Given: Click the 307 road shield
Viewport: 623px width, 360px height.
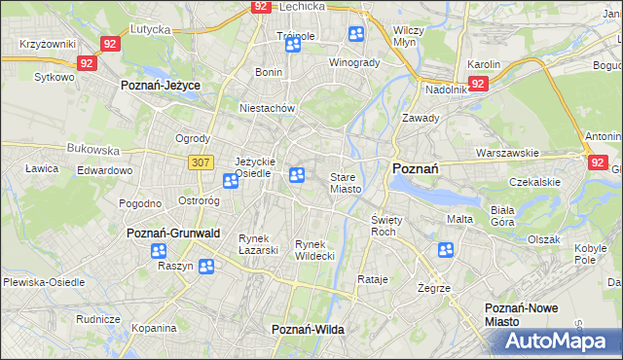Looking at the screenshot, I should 201,162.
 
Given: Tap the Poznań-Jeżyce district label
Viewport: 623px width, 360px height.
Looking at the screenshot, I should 160,86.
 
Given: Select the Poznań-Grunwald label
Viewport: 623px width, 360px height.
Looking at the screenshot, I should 173,234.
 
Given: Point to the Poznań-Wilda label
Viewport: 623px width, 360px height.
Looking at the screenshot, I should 308,330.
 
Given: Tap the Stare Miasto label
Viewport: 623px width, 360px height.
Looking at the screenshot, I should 346,183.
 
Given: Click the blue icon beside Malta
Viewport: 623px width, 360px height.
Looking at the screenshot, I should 447,250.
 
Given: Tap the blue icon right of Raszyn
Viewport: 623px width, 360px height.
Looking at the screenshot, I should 206,267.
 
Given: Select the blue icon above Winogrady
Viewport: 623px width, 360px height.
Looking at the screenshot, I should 356,35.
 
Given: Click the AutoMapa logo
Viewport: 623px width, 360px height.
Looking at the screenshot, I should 557,342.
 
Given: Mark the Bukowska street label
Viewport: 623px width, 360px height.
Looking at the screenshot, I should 92,151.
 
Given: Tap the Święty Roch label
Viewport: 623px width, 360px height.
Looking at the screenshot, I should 384,227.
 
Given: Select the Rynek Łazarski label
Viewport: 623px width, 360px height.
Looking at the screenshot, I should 259,244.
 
